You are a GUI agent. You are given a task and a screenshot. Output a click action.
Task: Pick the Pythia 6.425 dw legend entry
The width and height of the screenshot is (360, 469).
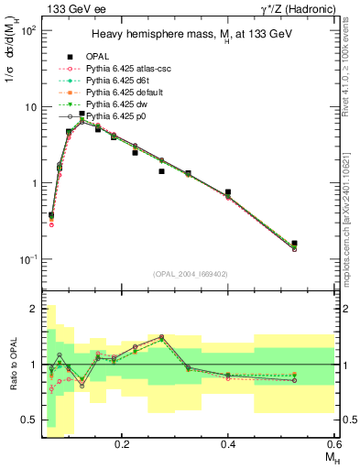click(107, 105)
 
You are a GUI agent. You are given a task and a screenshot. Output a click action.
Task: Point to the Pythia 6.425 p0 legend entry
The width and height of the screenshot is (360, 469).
click(107, 117)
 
